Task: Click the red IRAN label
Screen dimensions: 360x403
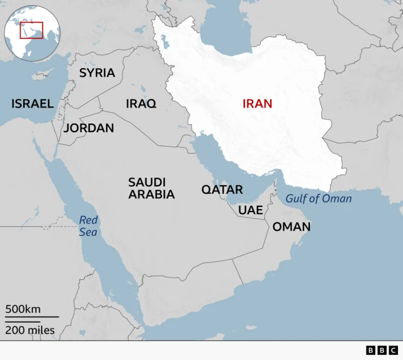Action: click(258, 103)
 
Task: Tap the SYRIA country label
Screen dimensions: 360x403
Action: click(97, 72)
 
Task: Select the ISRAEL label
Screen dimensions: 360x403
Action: click(32, 103)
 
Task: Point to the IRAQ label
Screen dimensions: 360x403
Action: click(141, 104)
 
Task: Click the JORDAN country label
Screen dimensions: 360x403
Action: click(89, 128)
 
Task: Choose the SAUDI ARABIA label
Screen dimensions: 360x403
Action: click(151, 188)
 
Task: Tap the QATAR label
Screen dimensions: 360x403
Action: click(222, 189)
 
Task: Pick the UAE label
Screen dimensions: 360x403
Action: click(251, 210)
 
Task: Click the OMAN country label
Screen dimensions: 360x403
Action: click(291, 227)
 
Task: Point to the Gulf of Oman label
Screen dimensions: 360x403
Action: click(319, 199)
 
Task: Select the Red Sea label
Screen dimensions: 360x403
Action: click(89, 226)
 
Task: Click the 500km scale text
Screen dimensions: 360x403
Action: click(23, 309)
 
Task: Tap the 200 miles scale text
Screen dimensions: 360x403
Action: click(30, 330)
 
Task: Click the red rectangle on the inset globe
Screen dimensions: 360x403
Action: click(31, 30)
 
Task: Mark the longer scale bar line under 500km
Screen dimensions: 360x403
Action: click(32, 317)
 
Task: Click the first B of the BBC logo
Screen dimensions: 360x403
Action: click(370, 351)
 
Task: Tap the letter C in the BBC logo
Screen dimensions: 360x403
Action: click(393, 351)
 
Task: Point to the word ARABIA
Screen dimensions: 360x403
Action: click(151, 194)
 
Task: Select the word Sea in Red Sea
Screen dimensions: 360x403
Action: click(89, 232)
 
